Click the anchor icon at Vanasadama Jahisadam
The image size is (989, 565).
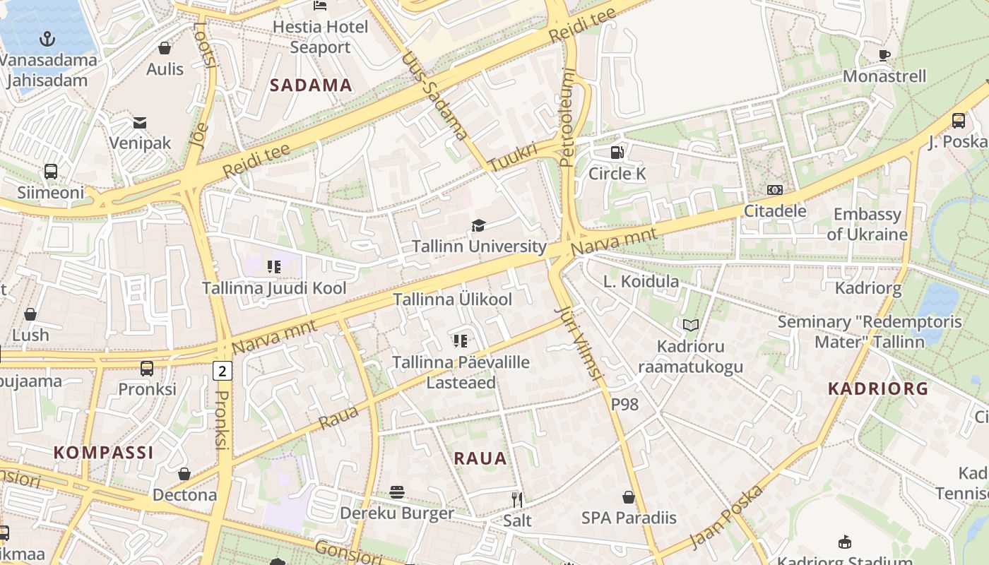(47, 38)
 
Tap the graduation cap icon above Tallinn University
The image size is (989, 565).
(479, 225)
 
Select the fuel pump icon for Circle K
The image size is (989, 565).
(617, 152)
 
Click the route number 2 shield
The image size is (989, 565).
(223, 370)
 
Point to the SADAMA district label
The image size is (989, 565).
(311, 85)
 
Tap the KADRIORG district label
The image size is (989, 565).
(877, 388)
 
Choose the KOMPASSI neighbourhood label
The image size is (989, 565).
(104, 453)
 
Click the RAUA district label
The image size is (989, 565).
(480, 458)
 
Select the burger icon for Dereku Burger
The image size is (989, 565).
(397, 492)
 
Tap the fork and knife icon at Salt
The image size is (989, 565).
(517, 499)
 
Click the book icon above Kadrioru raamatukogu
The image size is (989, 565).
(690, 326)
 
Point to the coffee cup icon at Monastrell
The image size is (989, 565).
(884, 55)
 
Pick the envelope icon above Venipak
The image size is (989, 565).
(140, 123)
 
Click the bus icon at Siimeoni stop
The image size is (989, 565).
(50, 171)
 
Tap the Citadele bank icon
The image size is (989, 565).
(775, 190)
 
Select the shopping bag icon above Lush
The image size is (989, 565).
(30, 314)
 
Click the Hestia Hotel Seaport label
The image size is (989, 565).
(320, 37)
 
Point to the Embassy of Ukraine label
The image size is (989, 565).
(867, 224)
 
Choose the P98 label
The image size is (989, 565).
(624, 404)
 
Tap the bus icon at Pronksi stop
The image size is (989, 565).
(147, 368)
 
